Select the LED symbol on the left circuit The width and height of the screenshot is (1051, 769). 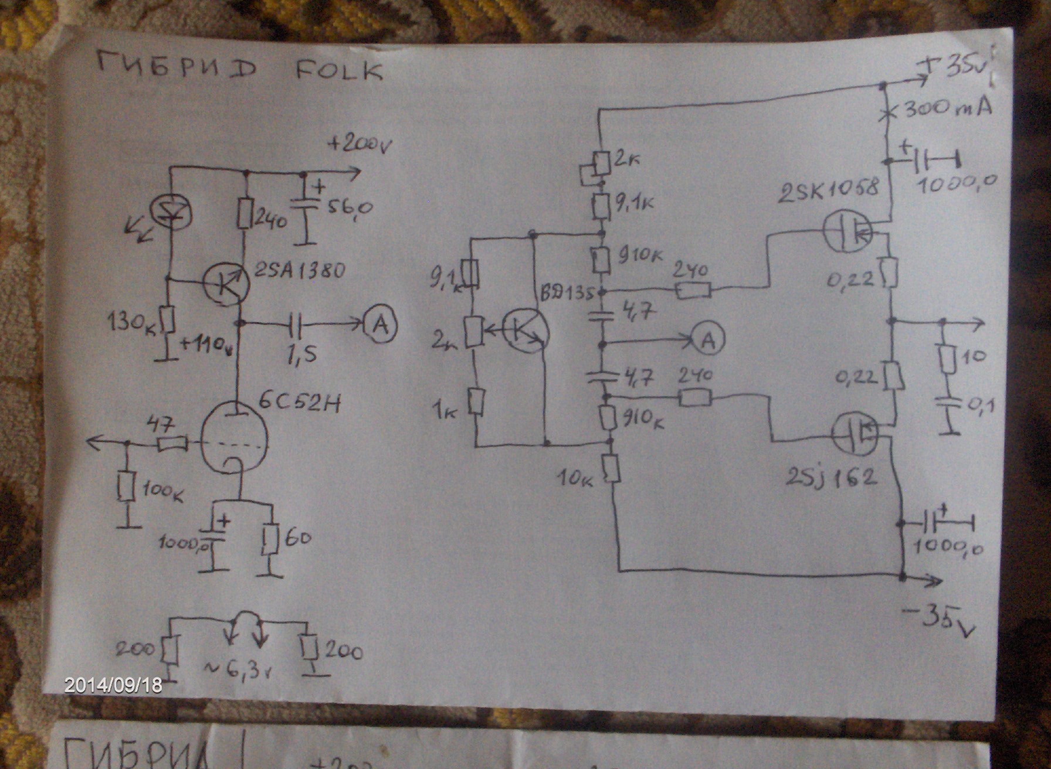(x=168, y=210)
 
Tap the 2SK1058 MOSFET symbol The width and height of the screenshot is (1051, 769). (x=847, y=231)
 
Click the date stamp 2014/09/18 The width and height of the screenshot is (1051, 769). (x=113, y=685)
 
